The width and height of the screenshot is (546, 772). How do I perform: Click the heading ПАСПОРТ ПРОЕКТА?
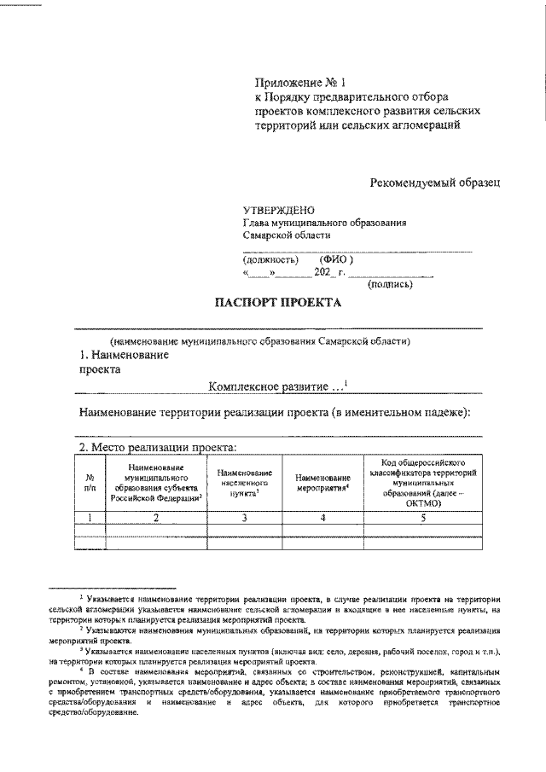click(x=276, y=302)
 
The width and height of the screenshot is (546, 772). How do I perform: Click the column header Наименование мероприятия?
click(x=324, y=484)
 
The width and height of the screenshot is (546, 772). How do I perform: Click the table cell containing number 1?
click(x=90, y=517)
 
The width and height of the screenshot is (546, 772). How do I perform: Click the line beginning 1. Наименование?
click(x=123, y=354)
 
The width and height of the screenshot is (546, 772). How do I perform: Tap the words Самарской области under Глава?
click(x=286, y=236)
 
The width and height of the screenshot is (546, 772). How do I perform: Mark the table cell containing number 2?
click(x=155, y=517)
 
